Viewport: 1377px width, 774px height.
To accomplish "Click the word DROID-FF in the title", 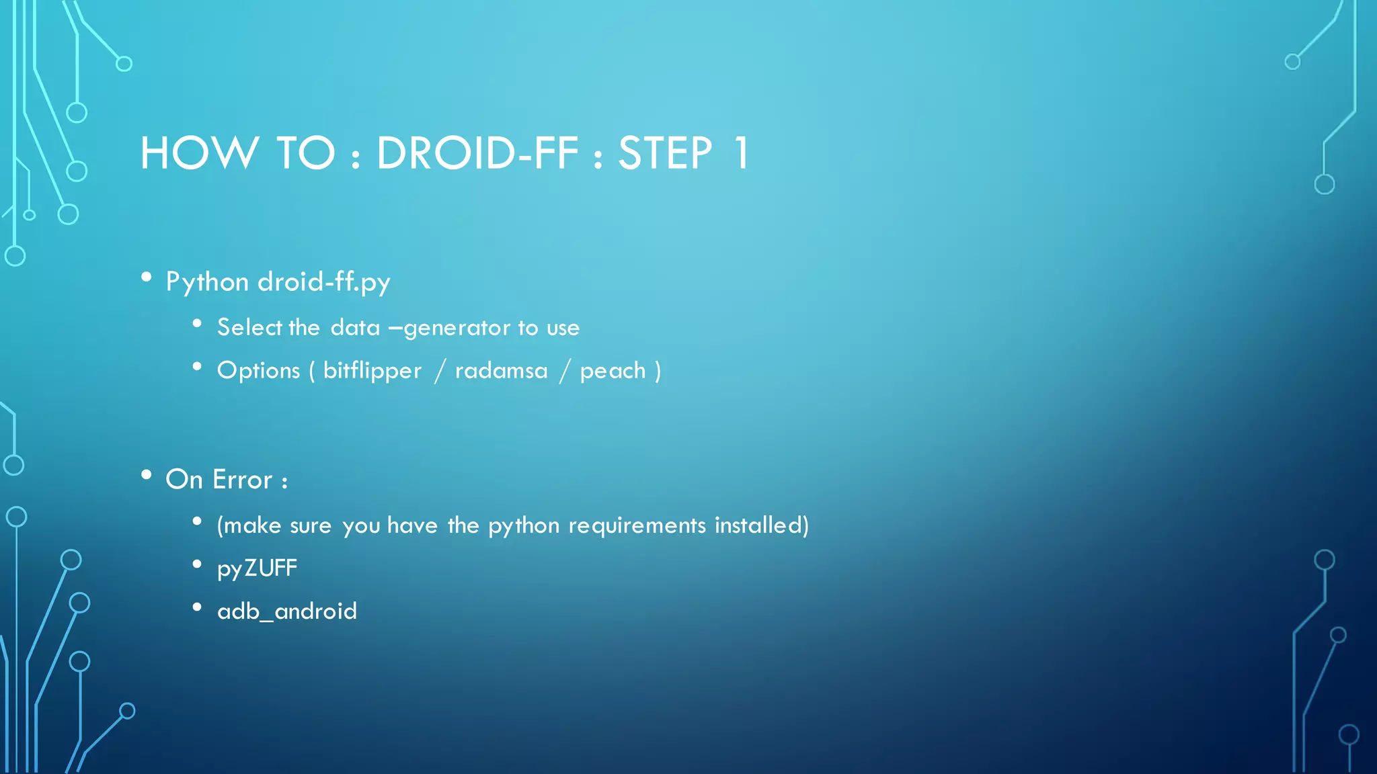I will [477, 153].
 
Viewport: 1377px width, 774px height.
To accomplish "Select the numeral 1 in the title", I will [741, 153].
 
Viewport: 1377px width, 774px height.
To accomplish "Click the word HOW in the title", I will [199, 153].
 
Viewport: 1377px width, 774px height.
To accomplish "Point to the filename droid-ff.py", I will [324, 282].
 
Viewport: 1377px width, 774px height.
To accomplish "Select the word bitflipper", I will [372, 371].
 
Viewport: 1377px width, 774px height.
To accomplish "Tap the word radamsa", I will [501, 371].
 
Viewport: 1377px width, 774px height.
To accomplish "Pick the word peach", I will [613, 371].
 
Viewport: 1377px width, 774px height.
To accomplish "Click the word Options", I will [258, 371].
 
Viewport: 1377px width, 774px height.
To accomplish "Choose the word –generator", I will [450, 328].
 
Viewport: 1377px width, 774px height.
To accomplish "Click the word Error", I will [243, 480].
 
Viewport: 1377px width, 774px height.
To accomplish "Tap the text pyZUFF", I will [257, 568].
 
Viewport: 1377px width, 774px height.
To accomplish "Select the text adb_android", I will [287, 611].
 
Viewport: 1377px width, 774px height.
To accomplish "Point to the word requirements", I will [637, 525].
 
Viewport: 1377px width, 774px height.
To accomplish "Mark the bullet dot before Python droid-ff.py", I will [147, 277].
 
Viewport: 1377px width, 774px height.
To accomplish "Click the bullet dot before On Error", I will [147, 475].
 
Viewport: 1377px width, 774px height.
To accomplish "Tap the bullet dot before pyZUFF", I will [197, 564].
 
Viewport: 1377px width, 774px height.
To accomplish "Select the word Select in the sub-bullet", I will [249, 328].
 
